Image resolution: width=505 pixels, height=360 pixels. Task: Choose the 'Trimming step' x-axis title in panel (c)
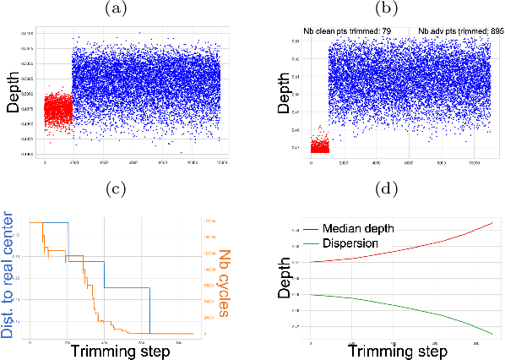click(x=115, y=350)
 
